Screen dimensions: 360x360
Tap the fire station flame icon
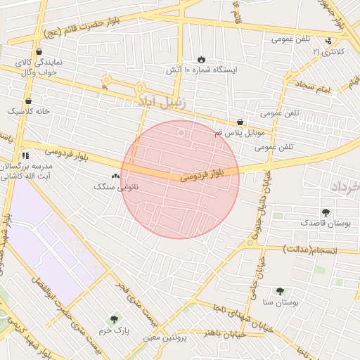201,59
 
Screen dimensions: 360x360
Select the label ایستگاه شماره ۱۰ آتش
201,70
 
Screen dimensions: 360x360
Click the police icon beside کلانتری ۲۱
329,41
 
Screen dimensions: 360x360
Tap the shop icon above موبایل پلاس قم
240,122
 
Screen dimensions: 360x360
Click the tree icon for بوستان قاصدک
325,212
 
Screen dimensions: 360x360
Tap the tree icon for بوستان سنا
280,290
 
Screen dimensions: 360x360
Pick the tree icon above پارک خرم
114,319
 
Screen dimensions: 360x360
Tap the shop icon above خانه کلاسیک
28,101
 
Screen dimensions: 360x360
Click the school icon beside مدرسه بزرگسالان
25,155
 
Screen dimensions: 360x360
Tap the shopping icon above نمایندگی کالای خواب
38,51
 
